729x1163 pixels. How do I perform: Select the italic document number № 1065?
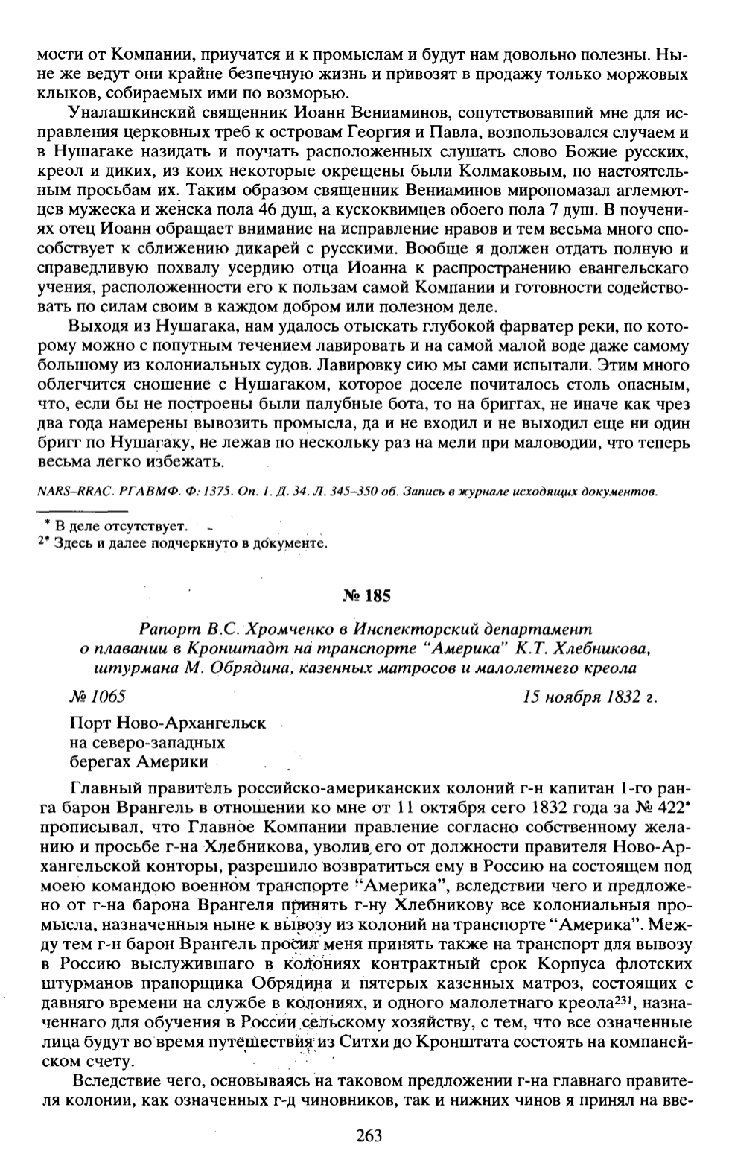click(96, 697)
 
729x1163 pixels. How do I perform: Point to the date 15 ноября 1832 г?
click(591, 697)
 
